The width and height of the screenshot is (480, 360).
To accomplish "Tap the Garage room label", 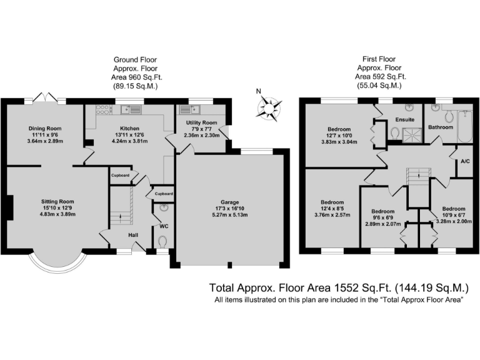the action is click(229, 202).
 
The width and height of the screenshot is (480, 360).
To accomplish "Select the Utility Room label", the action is click(201, 122).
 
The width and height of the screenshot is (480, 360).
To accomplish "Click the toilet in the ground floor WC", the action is click(163, 241).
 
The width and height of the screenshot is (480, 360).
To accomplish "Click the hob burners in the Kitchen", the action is click(102, 109).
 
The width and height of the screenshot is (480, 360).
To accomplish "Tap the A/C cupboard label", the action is click(465, 161).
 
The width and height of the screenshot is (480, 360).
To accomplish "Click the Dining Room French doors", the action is click(45, 96).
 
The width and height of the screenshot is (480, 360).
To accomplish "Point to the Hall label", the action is click(133, 235).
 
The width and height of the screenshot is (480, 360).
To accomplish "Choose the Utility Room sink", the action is click(190, 109).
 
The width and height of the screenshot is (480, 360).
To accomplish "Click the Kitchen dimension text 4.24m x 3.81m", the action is click(130, 141).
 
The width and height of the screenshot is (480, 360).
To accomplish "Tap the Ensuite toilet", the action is click(395, 133).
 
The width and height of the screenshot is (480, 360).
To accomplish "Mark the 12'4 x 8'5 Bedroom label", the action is click(332, 202).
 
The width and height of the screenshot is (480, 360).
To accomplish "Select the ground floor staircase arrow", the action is click(120, 218).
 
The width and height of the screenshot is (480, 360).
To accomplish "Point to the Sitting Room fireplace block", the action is click(10, 207).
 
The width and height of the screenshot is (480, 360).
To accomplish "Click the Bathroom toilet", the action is click(449, 116).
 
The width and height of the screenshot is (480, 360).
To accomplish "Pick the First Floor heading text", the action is click(379, 59).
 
